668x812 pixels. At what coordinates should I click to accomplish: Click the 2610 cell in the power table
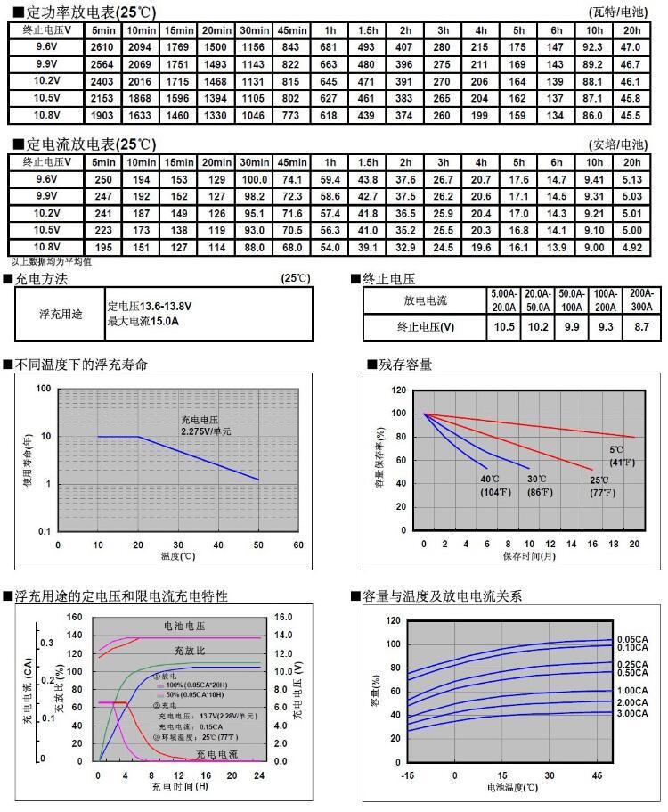[x=102, y=46]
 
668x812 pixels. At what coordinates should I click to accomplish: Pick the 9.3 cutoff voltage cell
[x=606, y=327]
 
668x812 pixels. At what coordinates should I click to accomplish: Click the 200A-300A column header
[x=640, y=299]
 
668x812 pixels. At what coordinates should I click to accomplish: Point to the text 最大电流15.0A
[x=143, y=321]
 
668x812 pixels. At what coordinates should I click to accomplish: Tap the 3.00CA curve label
[x=633, y=713]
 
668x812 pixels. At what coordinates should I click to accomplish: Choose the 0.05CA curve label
[x=633, y=639]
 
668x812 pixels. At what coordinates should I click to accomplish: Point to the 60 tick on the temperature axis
[x=297, y=545]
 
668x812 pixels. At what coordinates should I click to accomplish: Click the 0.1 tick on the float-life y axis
[x=44, y=532]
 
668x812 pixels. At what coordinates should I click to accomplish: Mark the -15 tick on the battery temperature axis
[x=409, y=775]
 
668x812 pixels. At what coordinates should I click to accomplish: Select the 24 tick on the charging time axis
[x=260, y=775]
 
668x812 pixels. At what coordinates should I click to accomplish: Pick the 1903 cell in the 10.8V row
[x=102, y=115]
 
